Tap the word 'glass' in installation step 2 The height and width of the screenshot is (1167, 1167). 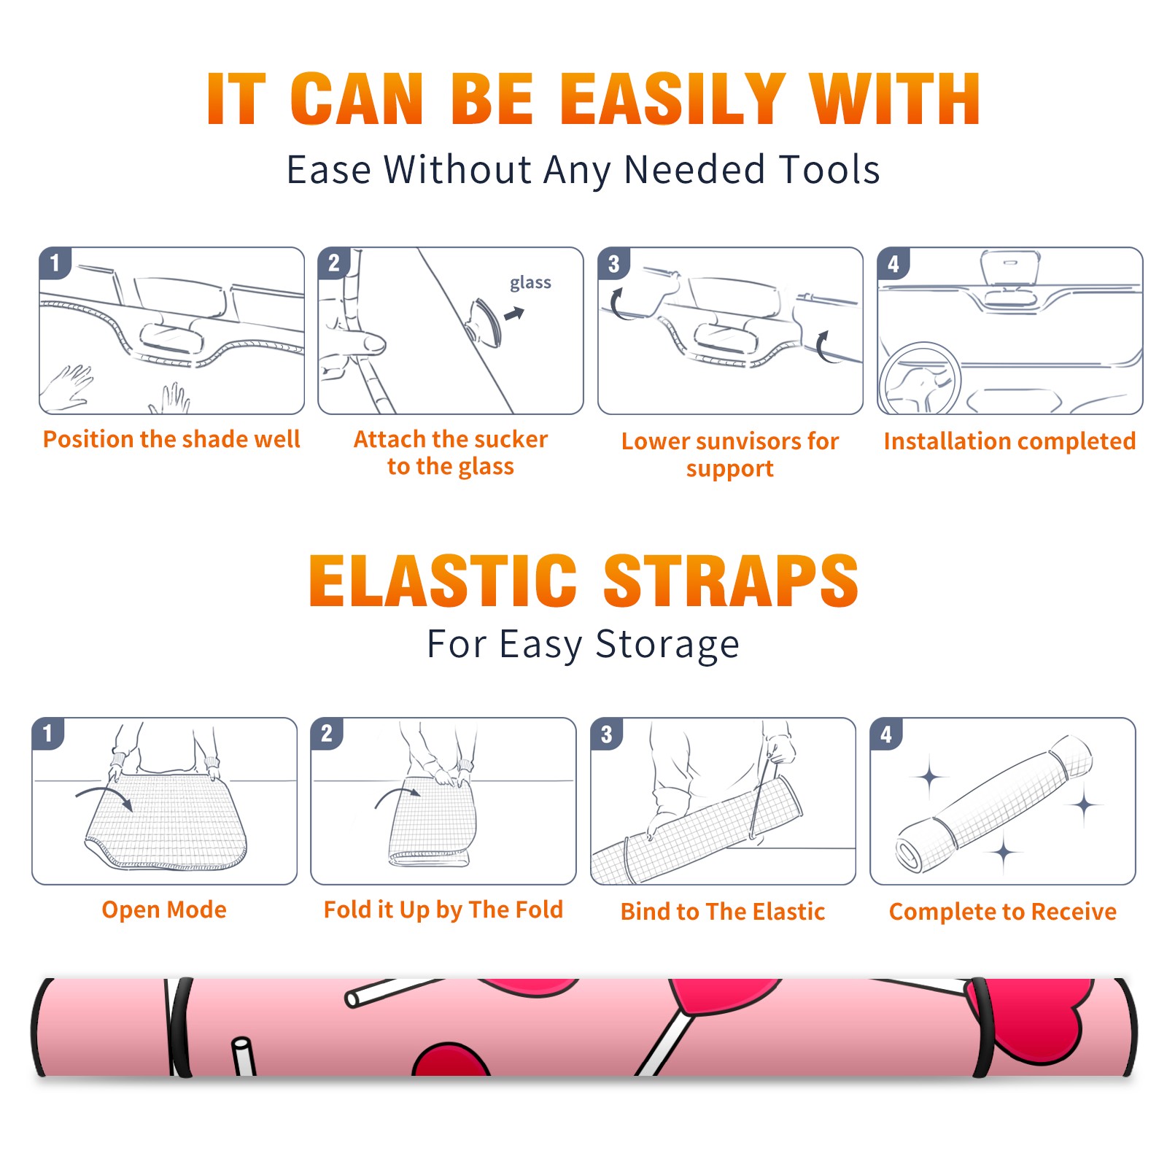pyautogui.click(x=530, y=283)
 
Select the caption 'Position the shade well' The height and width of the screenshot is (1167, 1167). pyautogui.click(x=171, y=439)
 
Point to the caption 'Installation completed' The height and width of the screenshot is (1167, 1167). pyautogui.click(x=1009, y=441)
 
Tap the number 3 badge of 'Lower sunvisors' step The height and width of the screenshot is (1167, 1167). pyautogui.click(x=613, y=263)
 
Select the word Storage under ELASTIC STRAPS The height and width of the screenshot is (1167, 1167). pyautogui.click(x=667, y=645)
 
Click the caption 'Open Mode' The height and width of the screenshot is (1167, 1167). pyautogui.click(x=164, y=910)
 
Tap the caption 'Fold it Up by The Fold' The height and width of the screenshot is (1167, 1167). pyautogui.click(x=443, y=910)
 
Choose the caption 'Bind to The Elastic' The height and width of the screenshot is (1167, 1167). pyautogui.click(x=723, y=912)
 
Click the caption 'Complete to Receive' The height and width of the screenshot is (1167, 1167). pyautogui.click(x=1003, y=912)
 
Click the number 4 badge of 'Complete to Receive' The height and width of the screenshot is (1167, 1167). pyautogui.click(x=886, y=734)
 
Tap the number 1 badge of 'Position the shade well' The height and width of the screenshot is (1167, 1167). pyautogui.click(x=55, y=263)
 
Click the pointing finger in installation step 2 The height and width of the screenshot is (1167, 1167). pyautogui.click(x=354, y=341)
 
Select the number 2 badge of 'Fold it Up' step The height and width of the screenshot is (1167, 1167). pyautogui.click(x=327, y=734)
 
